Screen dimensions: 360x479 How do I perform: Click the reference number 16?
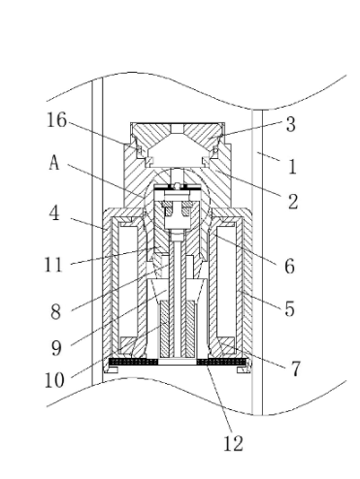[57, 120]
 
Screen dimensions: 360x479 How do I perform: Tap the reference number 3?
[291, 124]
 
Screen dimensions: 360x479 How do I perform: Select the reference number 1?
[292, 167]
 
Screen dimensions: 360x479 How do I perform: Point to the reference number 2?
[293, 202]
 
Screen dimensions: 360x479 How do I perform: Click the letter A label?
[54, 162]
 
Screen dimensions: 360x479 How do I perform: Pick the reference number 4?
[55, 213]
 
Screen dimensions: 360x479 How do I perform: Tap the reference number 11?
[52, 265]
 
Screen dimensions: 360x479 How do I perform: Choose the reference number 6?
[290, 266]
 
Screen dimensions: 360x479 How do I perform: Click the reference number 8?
[55, 312]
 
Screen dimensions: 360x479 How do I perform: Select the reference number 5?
[290, 308]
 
